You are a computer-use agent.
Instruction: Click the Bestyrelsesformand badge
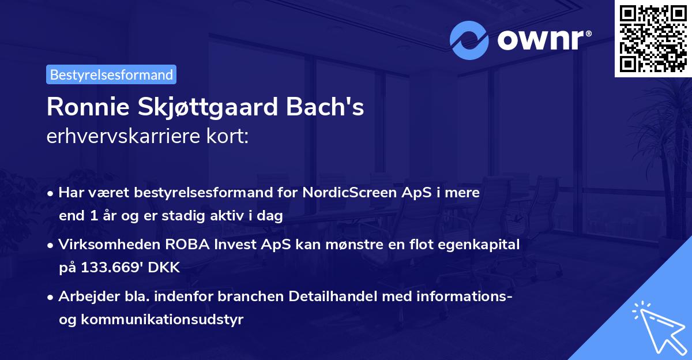click(x=111, y=74)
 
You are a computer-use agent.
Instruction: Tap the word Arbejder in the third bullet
click(x=84, y=297)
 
